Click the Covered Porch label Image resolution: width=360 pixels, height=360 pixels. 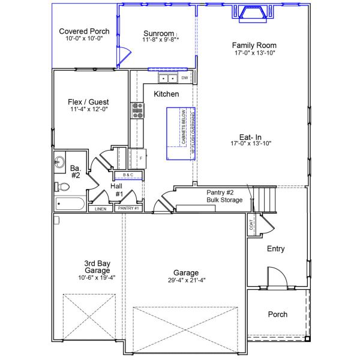pos(84,31)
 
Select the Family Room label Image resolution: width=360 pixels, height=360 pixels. pos(254,45)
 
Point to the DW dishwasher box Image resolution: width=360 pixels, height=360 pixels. pos(185,78)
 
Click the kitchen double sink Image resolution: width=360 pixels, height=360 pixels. pos(167,78)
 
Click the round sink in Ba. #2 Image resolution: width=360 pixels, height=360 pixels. pos(59,161)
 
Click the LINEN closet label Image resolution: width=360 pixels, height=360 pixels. pos(100,209)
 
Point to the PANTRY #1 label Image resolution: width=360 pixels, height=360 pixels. pos(128,208)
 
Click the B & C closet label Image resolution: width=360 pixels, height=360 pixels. pos(131,175)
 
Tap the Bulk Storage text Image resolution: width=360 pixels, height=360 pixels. pos(225,200)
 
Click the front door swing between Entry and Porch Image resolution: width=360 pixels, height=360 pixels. pos(278,279)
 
